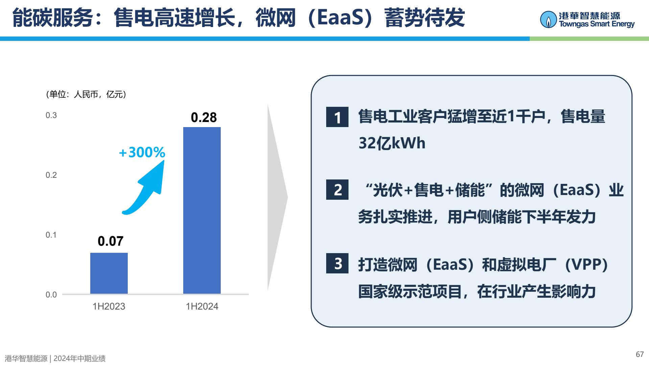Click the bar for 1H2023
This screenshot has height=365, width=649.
click(109, 273)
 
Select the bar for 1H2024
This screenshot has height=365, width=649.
click(202, 210)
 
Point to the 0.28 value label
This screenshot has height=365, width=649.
click(203, 117)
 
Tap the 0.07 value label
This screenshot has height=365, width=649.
click(111, 241)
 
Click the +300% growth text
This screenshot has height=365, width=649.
click(142, 152)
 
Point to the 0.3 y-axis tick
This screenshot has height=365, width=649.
click(51, 115)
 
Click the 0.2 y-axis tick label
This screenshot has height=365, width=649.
click(51, 175)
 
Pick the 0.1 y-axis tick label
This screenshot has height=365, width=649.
click(51, 235)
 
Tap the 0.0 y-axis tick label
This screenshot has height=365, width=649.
click(51, 295)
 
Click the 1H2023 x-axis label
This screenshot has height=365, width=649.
click(109, 307)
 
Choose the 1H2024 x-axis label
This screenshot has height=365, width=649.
click(202, 307)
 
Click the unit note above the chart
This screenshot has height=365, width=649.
click(86, 94)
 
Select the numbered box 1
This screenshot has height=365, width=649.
click(337, 117)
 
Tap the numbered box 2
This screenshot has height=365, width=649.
click(337, 190)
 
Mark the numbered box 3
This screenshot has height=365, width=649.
click(337, 263)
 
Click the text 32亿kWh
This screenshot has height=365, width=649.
click(392, 143)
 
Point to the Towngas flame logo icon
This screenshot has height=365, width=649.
click(548, 20)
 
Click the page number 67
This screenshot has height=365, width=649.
click(640, 354)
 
